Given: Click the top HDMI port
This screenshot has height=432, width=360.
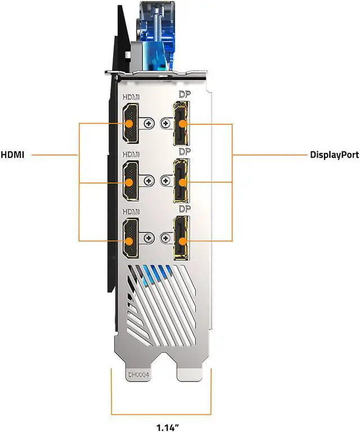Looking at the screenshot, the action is tap(131, 124).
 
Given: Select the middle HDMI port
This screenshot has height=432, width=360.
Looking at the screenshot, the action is tap(131, 181).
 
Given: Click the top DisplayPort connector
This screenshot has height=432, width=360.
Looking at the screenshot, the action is tap(181, 123).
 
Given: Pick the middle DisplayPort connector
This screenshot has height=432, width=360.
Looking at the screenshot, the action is tap(181, 181).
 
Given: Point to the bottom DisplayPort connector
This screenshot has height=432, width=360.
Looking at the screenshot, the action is tap(181, 238).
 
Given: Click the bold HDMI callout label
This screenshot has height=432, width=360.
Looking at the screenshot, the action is tap(13, 155).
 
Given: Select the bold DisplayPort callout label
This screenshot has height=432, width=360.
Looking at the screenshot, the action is tap(334, 155).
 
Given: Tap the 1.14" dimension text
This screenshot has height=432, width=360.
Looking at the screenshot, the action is tap(168, 427).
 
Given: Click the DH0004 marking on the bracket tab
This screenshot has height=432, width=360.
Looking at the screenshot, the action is tap(138, 375).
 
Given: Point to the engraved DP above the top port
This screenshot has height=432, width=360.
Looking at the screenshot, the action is tap(184, 94).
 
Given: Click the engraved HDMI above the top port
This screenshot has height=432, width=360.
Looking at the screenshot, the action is tap(131, 97).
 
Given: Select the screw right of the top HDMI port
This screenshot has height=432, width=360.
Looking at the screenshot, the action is tap(149, 123).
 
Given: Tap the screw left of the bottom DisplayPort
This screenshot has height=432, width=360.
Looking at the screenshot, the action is tap(165, 238).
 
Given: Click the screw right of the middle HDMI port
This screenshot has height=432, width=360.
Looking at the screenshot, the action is tap(149, 181).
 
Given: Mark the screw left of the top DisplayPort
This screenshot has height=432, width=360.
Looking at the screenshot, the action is tap(165, 123).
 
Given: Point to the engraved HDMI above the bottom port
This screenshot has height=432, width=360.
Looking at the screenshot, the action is tap(131, 211).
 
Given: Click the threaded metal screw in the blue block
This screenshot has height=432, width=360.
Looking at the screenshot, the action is tap(157, 24).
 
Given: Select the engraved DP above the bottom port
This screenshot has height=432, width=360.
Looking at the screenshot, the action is tap(184, 209).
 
